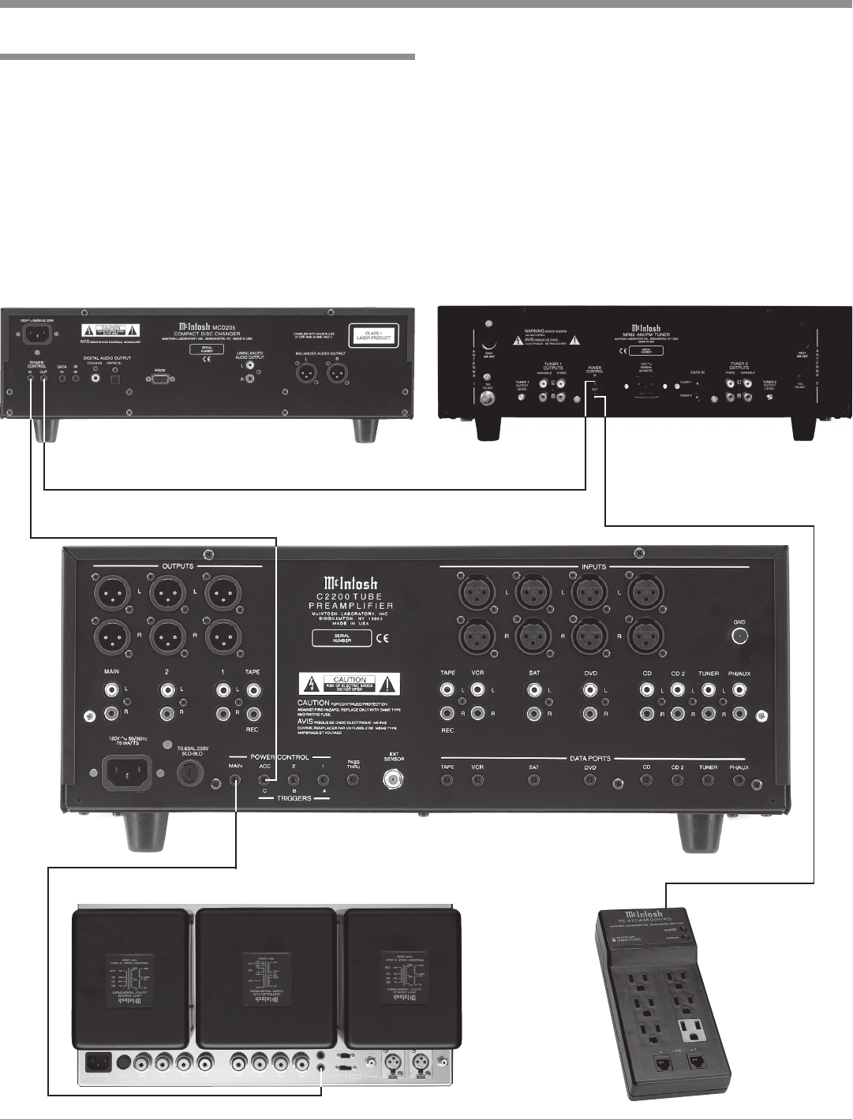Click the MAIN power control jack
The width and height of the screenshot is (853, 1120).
click(235, 780)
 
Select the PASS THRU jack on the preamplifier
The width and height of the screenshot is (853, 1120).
click(354, 780)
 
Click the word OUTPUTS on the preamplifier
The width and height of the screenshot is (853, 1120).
click(178, 566)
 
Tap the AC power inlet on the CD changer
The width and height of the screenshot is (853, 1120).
click(34, 335)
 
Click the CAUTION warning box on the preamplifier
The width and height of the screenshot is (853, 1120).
click(350, 682)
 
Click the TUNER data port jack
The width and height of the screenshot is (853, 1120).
click(708, 780)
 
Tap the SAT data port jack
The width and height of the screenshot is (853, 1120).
click(533, 780)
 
